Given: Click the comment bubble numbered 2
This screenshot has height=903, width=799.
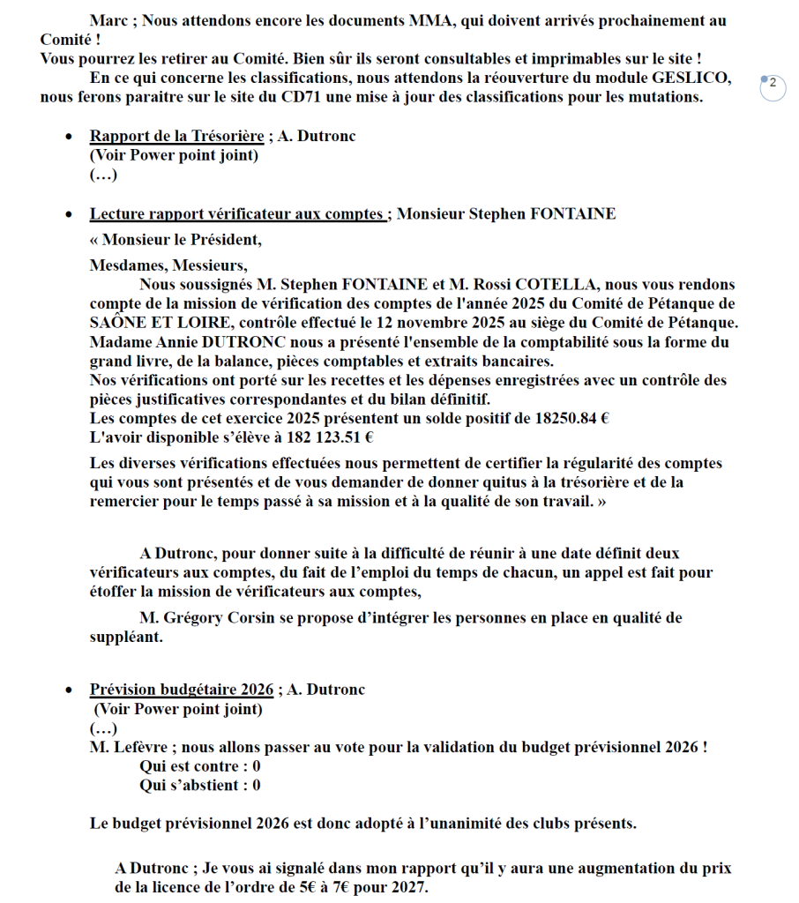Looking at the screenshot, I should point(773,85).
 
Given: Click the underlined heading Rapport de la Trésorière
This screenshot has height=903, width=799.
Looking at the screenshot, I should point(176,136).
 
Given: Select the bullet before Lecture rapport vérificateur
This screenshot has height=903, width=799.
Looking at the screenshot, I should point(70,214).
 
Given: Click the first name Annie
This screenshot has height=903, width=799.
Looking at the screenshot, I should point(178,342).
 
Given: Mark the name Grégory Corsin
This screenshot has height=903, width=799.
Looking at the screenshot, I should point(219,618).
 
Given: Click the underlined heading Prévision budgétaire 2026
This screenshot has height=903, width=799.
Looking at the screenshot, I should point(182,690).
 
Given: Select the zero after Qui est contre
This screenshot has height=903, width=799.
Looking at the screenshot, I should point(257,766).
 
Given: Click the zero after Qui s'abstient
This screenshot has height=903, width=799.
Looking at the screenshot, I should point(257,785).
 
